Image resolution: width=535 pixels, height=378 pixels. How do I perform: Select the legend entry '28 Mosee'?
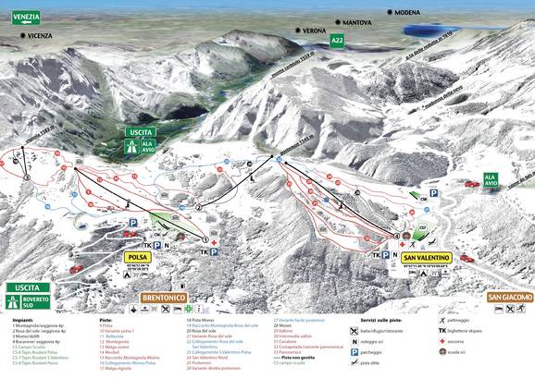pos(284,325)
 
